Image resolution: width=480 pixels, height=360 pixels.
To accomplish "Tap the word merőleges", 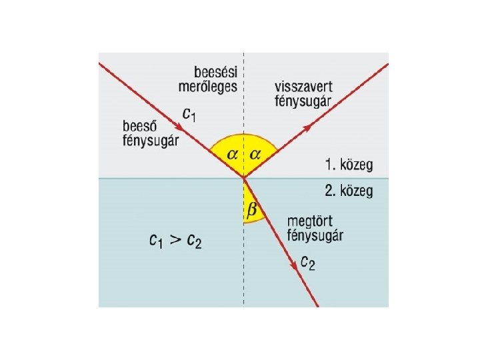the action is (207, 87).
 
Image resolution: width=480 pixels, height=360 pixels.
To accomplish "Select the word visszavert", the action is (304, 87).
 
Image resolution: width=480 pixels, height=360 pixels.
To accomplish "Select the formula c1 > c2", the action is (175, 241).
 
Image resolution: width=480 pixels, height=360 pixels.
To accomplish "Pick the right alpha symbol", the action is (255, 154).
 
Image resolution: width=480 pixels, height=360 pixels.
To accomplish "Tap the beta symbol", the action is (251, 210).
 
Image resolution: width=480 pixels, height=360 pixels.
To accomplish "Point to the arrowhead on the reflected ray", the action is (307, 125).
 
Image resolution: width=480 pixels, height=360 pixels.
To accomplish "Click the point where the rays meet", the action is (244, 178).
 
